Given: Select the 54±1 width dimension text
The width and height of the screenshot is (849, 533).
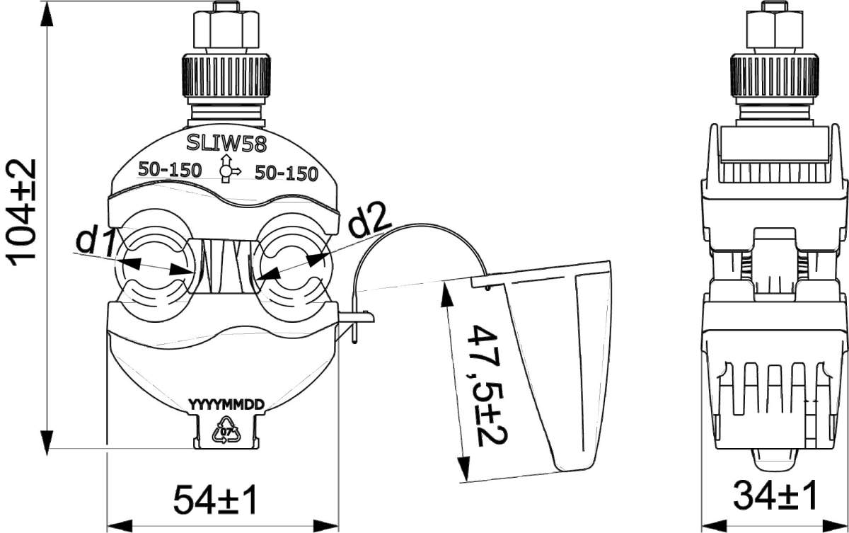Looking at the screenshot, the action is click(215, 500).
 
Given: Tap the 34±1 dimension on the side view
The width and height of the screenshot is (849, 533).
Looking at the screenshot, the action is click(775, 495).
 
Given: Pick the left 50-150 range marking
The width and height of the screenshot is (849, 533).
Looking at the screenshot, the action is click(170, 170).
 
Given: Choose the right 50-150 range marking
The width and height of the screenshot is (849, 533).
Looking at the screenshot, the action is click(286, 173).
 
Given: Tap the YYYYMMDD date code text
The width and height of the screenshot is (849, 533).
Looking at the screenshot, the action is click(226, 405).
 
